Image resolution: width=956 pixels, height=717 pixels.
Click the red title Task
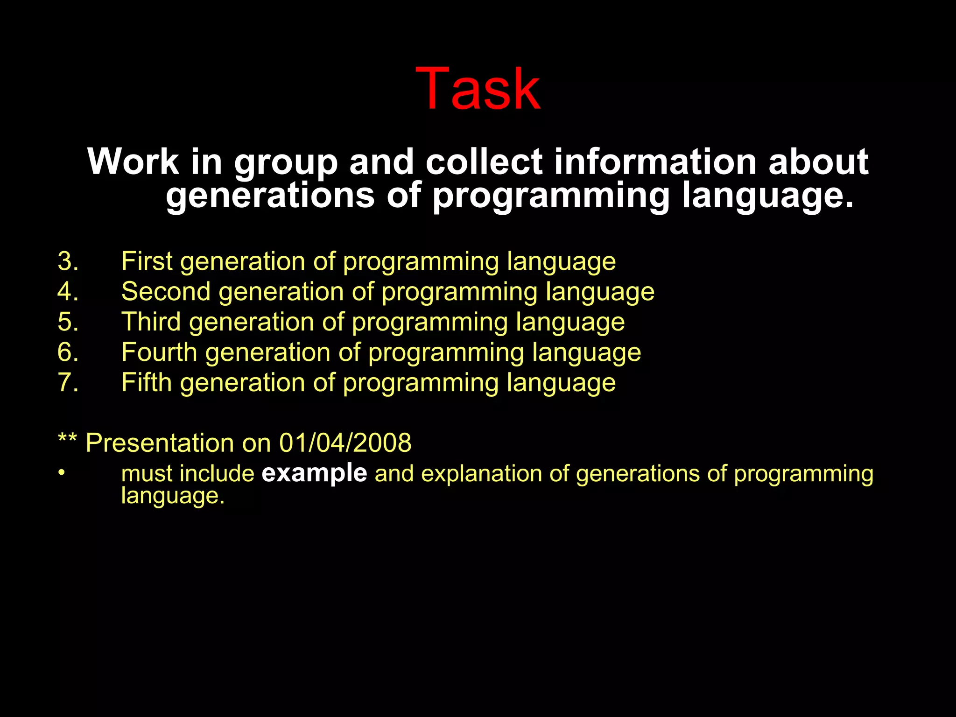(478, 89)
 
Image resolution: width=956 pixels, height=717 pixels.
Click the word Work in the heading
(133, 162)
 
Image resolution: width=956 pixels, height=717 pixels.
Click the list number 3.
(68, 261)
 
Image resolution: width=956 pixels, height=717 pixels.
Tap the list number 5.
(68, 322)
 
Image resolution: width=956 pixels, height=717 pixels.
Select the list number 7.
(68, 382)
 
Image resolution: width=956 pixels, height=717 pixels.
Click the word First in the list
(147, 261)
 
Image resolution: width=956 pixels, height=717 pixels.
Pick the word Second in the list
(166, 292)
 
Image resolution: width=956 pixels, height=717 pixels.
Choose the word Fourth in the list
(159, 352)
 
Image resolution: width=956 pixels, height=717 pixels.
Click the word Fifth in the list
(147, 382)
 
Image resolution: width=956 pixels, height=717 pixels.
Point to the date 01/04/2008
(345, 443)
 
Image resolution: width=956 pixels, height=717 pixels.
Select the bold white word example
(314, 473)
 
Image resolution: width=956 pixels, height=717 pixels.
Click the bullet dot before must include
(61, 472)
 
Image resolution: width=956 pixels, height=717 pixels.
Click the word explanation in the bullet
(481, 474)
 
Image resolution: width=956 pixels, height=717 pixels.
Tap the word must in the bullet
(147, 474)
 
